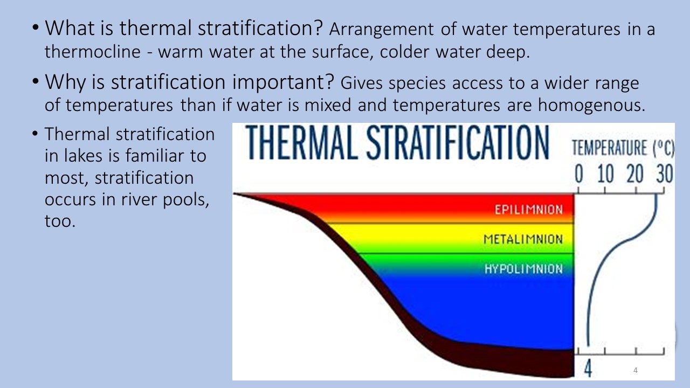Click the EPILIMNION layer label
(x=529, y=210)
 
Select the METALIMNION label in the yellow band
(x=523, y=239)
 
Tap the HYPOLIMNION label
(x=523, y=269)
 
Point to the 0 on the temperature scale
(x=579, y=174)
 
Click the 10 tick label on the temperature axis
(x=605, y=174)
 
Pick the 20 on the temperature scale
(x=635, y=174)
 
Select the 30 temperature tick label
(x=665, y=174)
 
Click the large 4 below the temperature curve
(x=588, y=368)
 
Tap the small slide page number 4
(x=636, y=370)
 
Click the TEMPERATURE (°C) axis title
(x=623, y=148)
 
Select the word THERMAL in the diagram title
(x=302, y=143)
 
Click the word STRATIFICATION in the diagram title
(x=458, y=143)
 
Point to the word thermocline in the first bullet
(x=93, y=51)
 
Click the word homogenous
(x=591, y=105)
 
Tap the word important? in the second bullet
(x=283, y=82)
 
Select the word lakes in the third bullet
(x=83, y=156)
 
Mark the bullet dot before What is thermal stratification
(x=36, y=27)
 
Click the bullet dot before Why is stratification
(x=36, y=81)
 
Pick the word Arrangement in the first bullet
(x=382, y=30)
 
